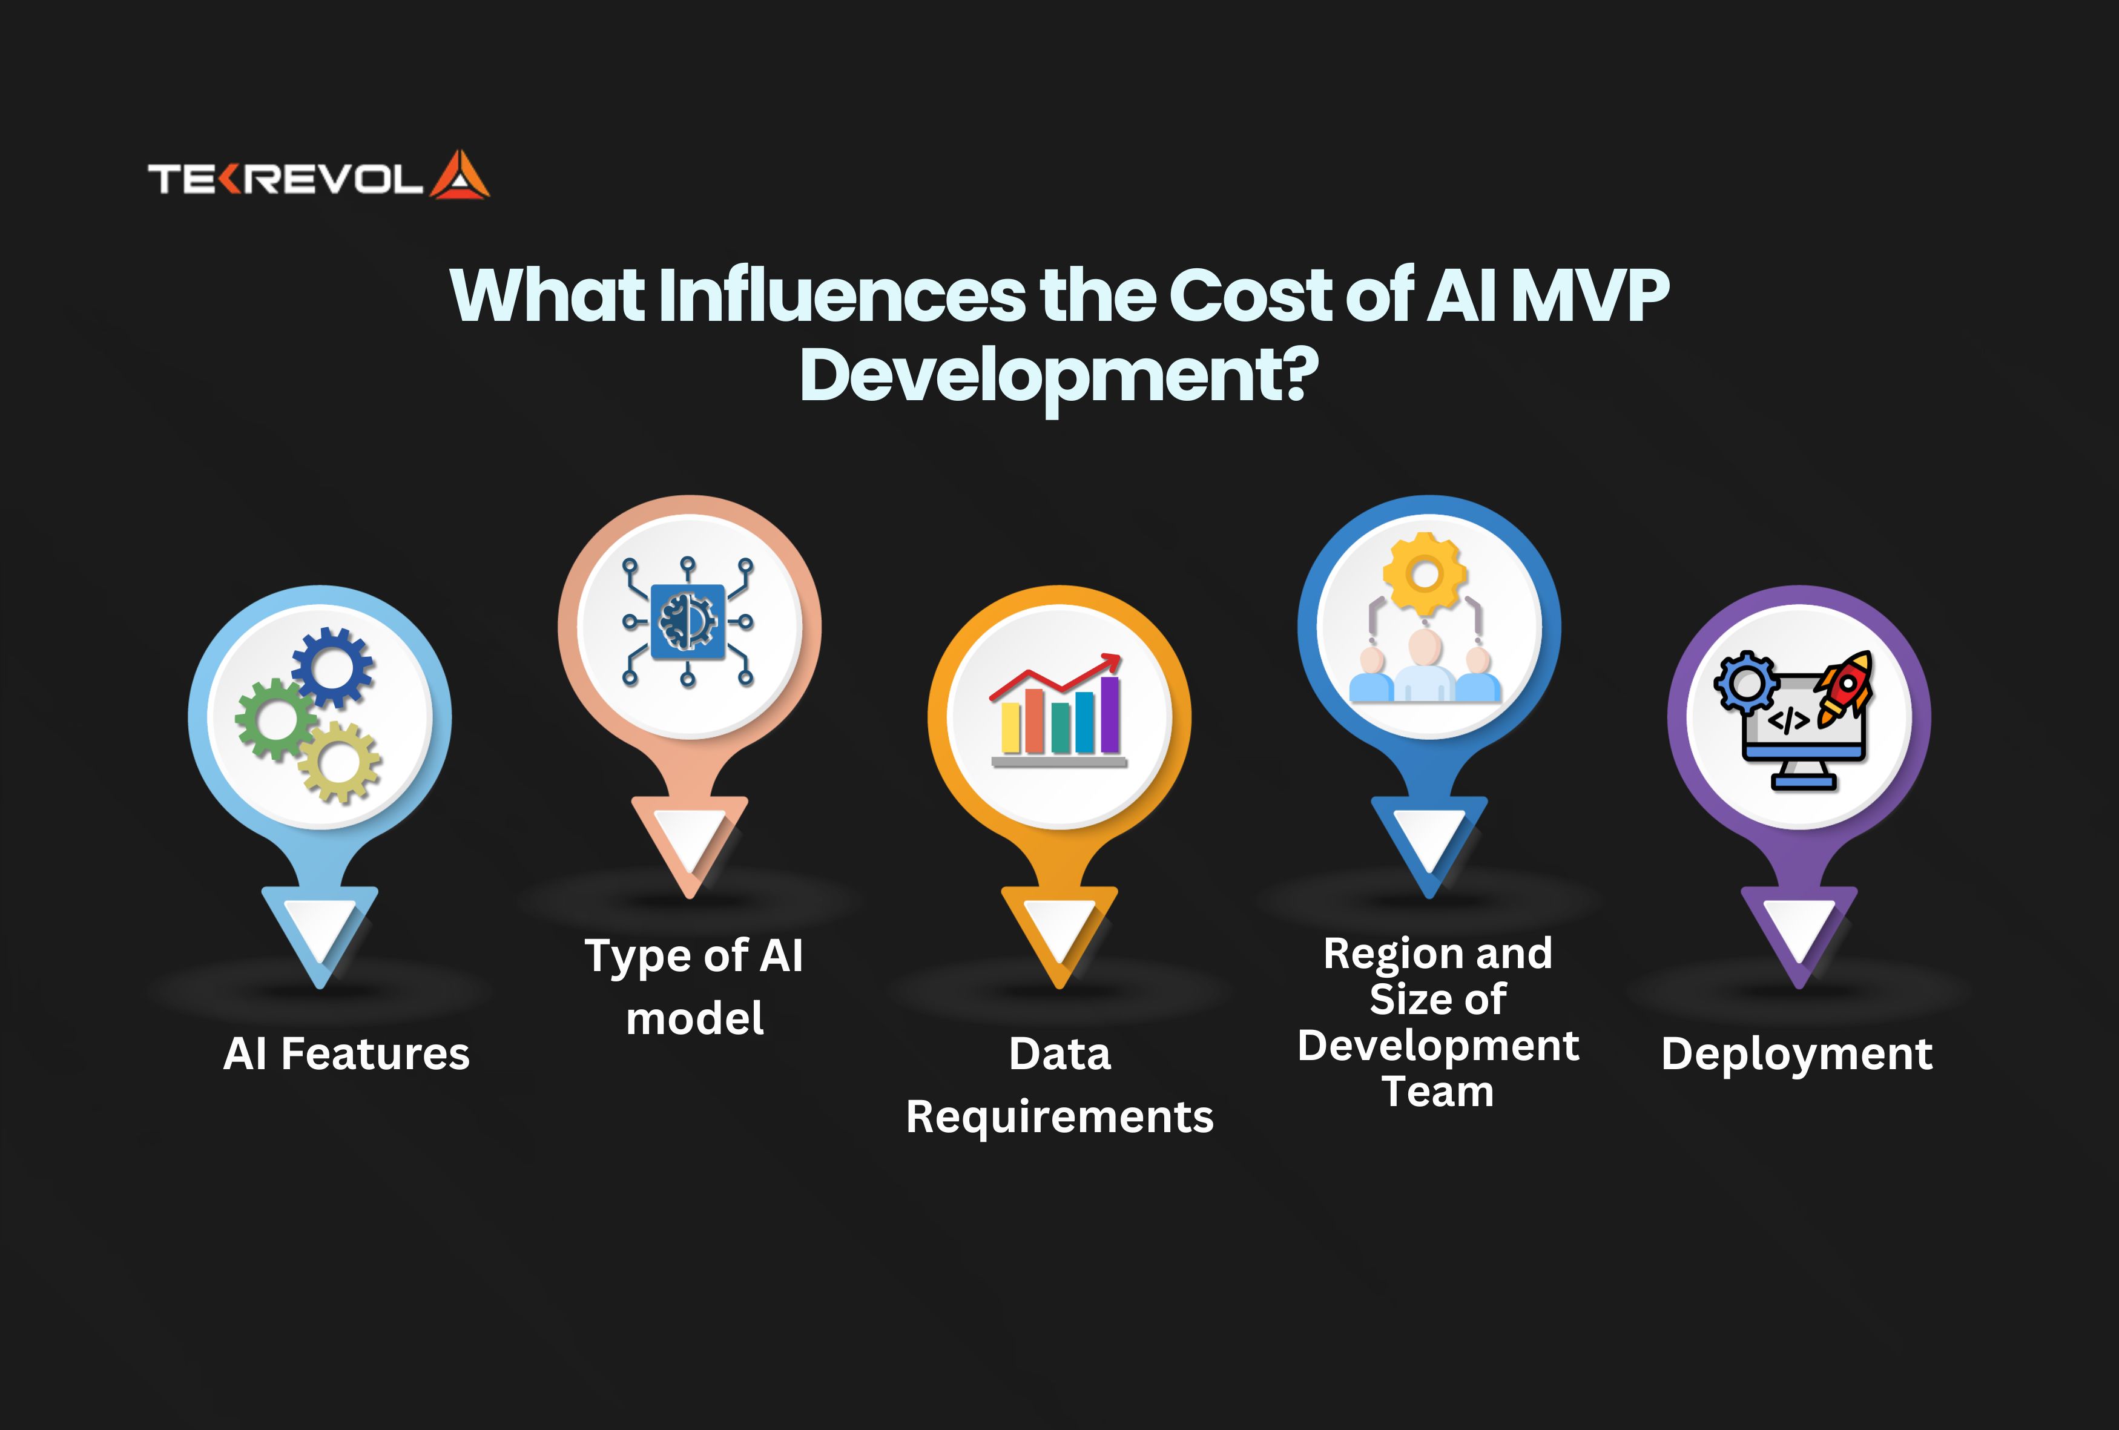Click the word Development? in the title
[1058, 376]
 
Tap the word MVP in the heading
[1590, 295]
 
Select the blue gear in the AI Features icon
[333, 667]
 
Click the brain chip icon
[688, 622]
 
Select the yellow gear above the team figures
[1425, 575]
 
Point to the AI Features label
[346, 1054]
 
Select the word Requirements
[1059, 1117]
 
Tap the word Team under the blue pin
[1438, 1092]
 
